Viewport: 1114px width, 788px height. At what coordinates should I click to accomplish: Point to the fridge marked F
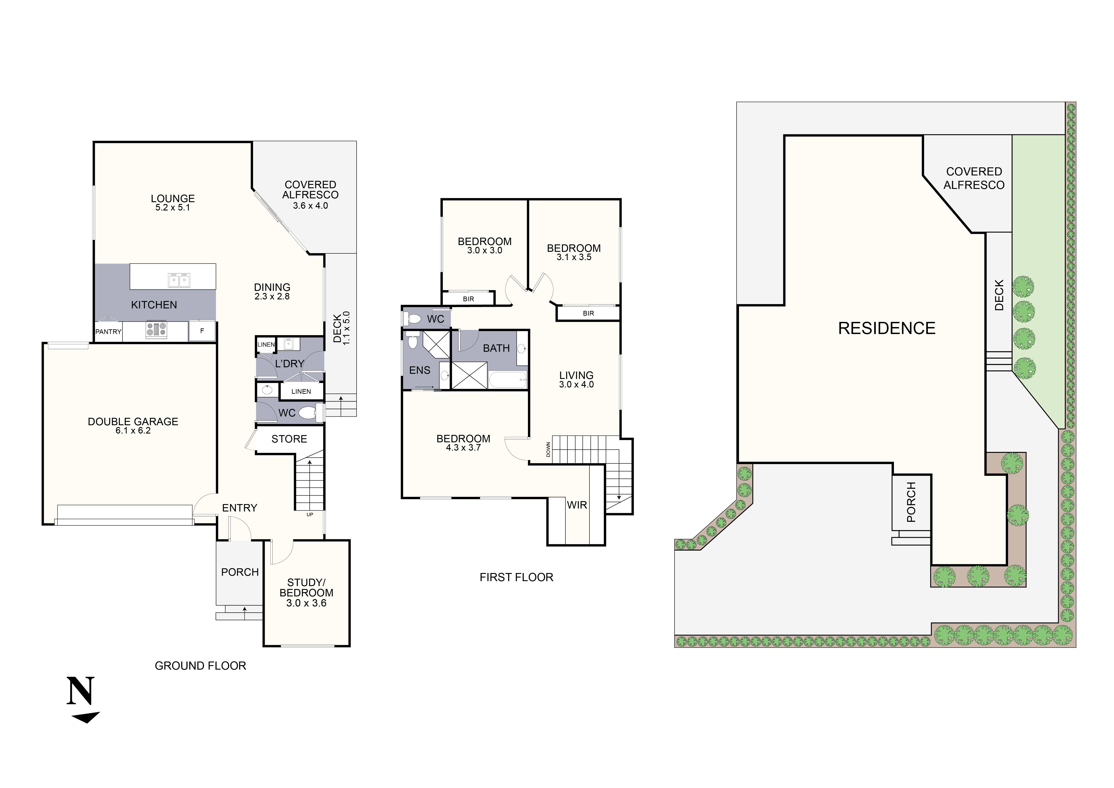pos(202,331)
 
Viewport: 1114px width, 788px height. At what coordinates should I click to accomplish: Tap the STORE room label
pos(289,439)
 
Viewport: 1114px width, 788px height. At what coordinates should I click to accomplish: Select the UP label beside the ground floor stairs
pos(310,514)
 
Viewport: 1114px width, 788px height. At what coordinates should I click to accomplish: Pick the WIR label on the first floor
pos(577,505)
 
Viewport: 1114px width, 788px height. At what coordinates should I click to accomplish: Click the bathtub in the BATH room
pos(507,379)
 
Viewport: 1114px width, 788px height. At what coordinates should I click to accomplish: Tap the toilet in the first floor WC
pos(413,319)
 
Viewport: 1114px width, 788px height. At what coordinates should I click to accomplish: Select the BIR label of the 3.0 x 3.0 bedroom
pos(468,299)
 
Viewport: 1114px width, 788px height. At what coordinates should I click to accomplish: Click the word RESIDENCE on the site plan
pos(887,328)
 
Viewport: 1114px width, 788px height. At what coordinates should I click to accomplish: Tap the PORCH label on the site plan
pos(911,502)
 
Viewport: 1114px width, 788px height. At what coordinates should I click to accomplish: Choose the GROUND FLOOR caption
pos(200,666)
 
